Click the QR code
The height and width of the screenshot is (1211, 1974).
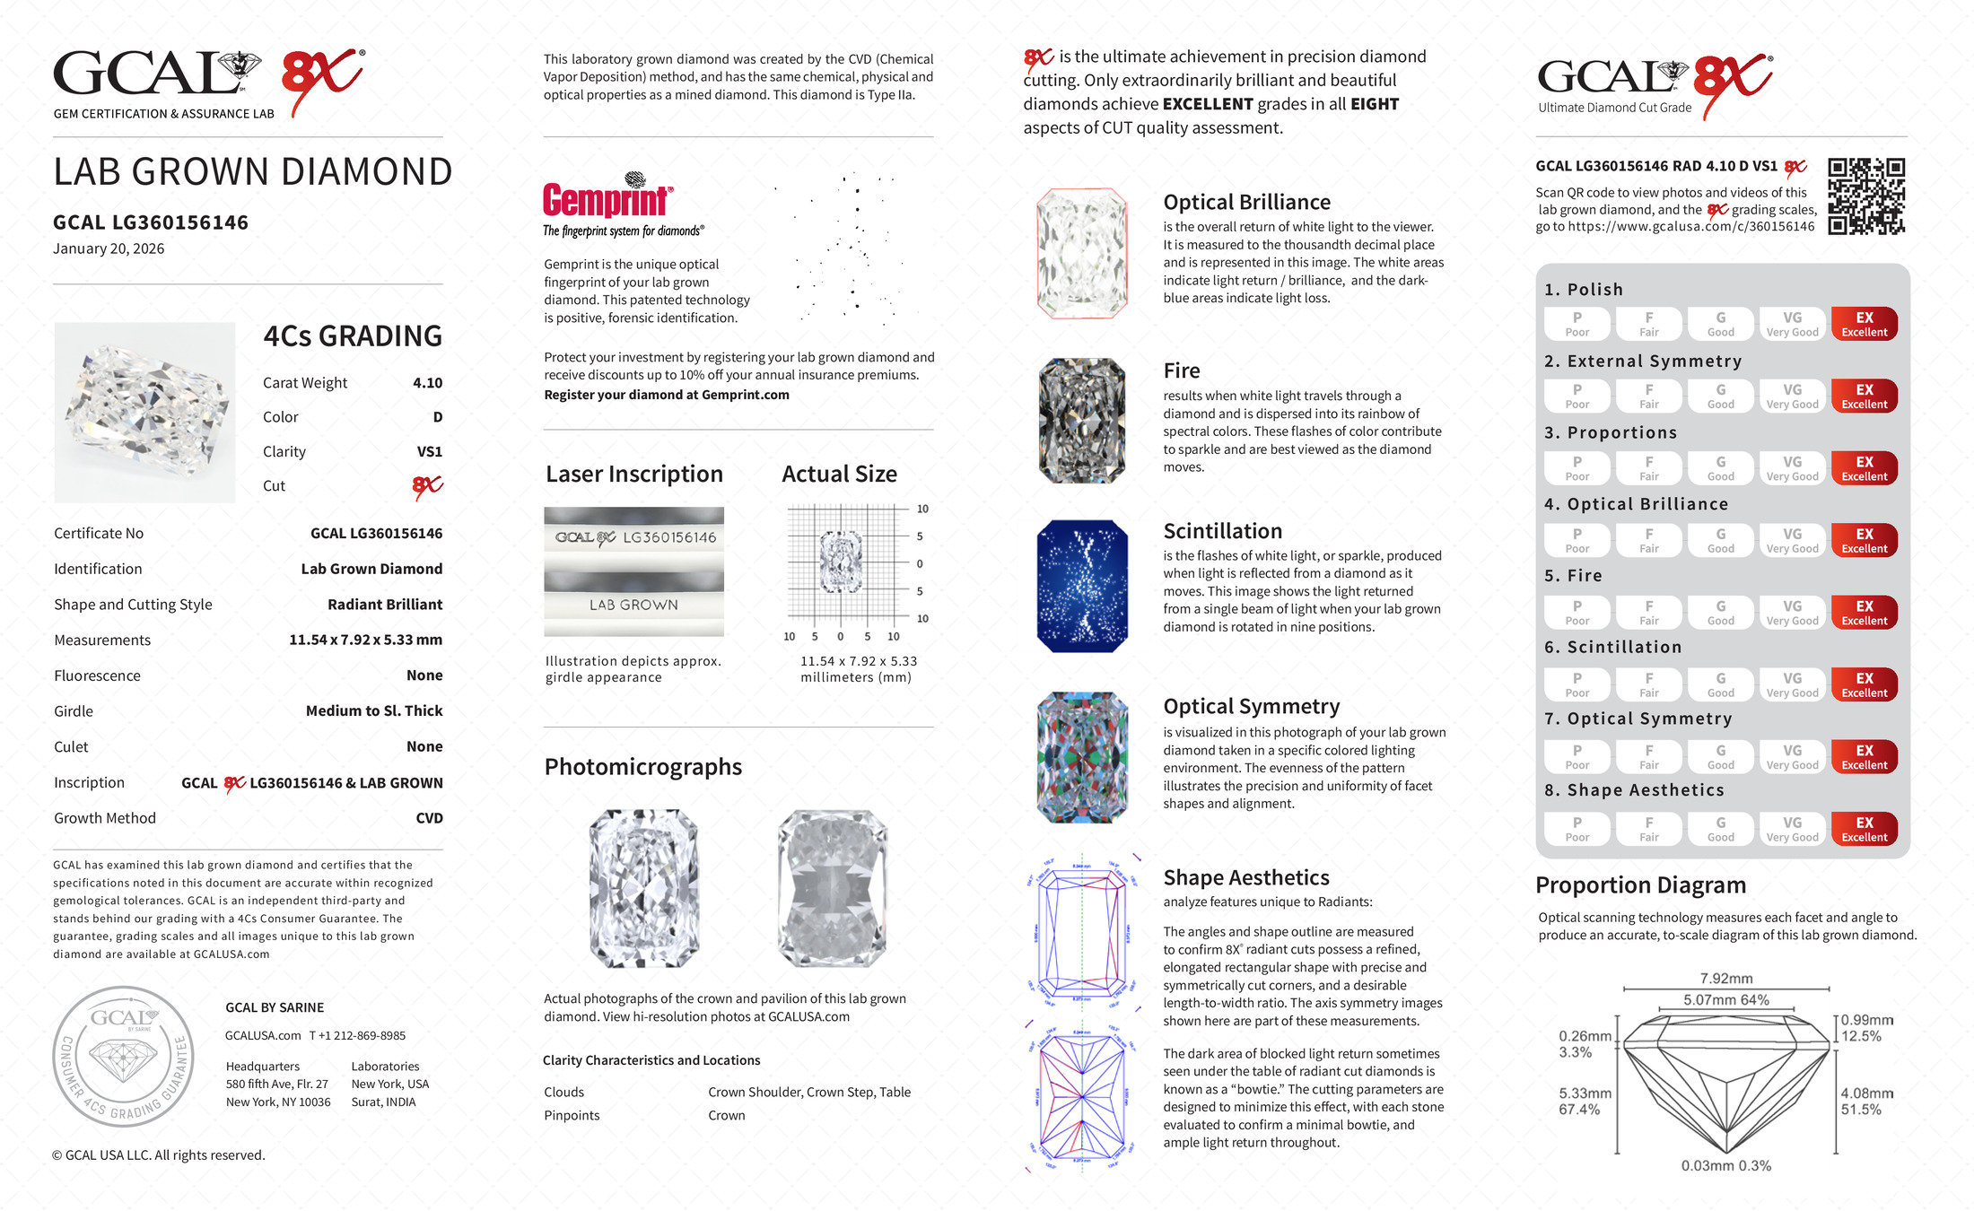1866,196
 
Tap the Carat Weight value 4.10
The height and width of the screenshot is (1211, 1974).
427,383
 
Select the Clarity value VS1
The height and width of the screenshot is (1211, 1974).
429,452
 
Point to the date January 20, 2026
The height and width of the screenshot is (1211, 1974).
109,249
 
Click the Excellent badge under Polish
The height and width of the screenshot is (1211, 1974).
1864,324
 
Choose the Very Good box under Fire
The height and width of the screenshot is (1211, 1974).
1792,613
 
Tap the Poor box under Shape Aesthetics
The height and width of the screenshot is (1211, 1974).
1577,829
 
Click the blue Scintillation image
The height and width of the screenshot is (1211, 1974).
1082,586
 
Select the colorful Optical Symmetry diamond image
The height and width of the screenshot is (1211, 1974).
1082,757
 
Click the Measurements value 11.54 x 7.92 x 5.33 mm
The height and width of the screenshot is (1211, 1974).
365,640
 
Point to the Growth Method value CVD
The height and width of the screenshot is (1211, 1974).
429,818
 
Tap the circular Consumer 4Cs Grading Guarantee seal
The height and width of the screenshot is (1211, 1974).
123,1057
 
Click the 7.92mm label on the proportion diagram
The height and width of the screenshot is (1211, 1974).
1725,979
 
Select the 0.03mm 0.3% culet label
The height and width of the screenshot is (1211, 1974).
1725,1166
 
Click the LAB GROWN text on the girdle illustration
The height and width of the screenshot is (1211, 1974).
633,605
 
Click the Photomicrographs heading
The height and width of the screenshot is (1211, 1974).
642,767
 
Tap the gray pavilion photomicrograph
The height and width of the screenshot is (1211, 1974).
833,888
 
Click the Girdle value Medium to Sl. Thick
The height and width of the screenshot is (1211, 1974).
374,711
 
